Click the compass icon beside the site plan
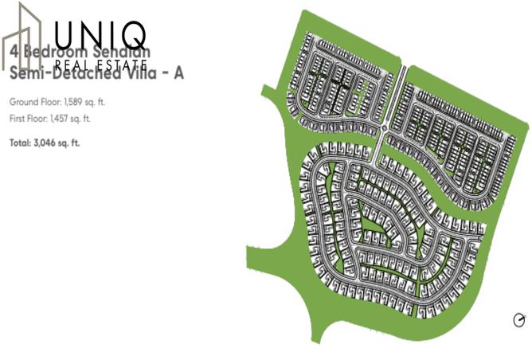click(x=519, y=320)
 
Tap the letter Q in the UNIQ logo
click(x=133, y=36)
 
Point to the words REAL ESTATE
click(x=101, y=65)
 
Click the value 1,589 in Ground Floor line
click(x=68, y=103)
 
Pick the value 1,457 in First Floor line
click(x=61, y=119)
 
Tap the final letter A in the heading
click(x=179, y=73)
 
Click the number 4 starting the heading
click(x=14, y=50)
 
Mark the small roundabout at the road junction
click(x=384, y=127)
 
